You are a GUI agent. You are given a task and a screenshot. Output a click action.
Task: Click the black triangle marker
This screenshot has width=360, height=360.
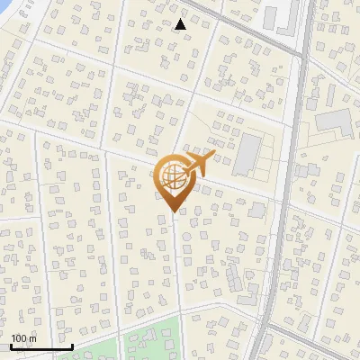181,24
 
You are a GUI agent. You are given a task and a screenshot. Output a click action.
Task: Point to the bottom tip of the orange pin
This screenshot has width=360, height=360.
172,212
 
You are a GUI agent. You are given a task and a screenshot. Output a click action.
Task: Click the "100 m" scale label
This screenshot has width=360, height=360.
22,338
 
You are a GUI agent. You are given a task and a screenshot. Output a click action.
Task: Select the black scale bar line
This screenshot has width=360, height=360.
40,346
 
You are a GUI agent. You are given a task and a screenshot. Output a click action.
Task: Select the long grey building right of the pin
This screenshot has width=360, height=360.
246,155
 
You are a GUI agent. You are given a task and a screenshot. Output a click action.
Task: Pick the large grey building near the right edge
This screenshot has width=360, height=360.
334,121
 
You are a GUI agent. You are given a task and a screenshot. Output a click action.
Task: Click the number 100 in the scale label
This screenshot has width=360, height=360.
19,338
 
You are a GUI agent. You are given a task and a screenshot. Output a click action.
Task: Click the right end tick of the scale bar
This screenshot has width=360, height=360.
72,345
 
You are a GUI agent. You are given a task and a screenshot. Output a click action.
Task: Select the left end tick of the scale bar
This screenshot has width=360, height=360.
9,345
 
